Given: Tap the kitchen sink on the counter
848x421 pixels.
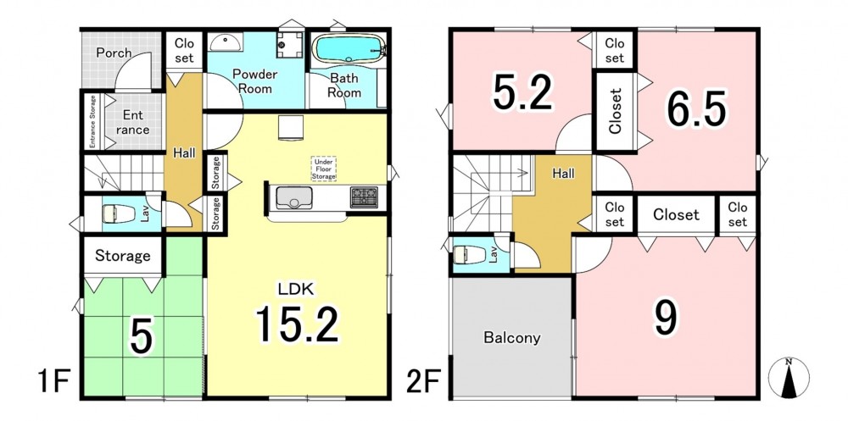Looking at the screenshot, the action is point(293,198).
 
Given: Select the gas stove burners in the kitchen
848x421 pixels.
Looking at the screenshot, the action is point(365,197).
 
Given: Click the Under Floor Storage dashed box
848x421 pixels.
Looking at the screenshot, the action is point(323,169).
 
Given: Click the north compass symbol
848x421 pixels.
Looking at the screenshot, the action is point(789,378).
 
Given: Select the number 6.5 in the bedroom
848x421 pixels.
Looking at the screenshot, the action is point(695,110).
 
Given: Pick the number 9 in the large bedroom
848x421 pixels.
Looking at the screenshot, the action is point(666,319).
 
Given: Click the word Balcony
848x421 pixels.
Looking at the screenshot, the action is point(511,338).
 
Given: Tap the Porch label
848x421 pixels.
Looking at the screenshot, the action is point(114,53).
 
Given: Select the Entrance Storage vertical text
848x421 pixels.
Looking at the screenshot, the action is point(92,122).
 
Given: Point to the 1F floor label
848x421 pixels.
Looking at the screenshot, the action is point(53,382).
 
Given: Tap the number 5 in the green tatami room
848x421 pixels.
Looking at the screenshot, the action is point(140,339).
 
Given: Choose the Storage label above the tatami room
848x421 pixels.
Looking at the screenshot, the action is point(123,255).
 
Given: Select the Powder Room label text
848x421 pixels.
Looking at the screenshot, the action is point(255,81).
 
